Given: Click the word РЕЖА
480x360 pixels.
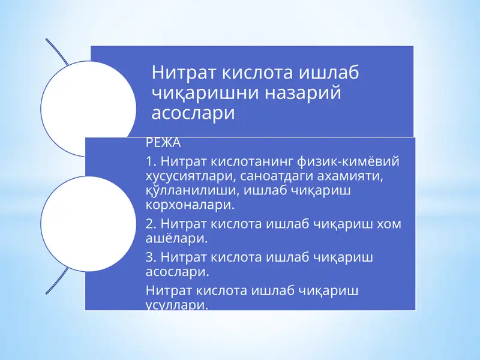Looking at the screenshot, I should [163, 144].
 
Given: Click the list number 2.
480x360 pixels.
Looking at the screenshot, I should [150, 224].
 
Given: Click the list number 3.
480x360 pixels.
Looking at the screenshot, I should [150, 257].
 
